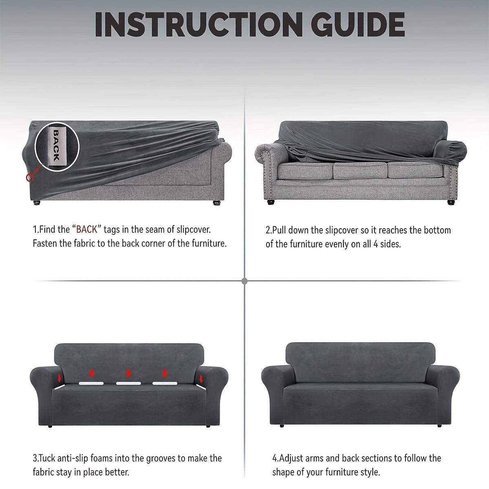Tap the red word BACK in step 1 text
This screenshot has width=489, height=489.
click(x=86, y=229)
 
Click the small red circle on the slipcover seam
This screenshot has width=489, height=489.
click(x=30, y=177)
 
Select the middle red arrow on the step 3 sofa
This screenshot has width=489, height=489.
click(x=128, y=374)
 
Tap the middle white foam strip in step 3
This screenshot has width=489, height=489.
click(x=128, y=383)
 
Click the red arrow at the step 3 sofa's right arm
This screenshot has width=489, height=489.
click(x=201, y=379)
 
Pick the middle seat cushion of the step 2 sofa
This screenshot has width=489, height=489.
click(x=360, y=170)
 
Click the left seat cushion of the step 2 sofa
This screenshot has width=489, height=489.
click(x=306, y=171)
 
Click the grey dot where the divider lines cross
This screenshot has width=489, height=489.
click(x=244, y=281)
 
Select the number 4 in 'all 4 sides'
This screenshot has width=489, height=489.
click(x=376, y=244)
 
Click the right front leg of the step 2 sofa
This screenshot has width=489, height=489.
click(x=451, y=202)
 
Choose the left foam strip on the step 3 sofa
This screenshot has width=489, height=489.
click(x=91, y=383)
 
